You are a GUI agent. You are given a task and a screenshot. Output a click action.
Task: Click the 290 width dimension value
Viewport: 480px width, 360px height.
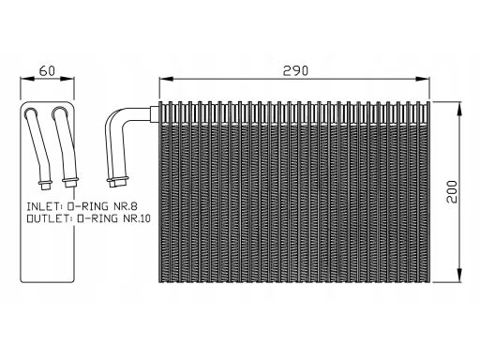[295, 71]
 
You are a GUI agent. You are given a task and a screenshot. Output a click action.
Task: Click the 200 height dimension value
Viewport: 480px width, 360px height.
[452, 192]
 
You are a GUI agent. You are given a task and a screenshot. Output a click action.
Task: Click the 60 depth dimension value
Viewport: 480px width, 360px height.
[47, 71]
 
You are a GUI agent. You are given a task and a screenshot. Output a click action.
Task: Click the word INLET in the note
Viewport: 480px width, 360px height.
[43, 206]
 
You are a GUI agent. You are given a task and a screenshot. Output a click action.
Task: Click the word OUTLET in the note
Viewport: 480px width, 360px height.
[47, 218]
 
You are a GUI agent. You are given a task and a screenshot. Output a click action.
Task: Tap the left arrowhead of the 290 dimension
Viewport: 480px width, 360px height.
[166, 79]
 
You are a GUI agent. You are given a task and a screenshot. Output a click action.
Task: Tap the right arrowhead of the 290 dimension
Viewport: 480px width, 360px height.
[423, 79]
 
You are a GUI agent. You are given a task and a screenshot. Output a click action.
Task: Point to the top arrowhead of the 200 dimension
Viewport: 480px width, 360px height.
[459, 109]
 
